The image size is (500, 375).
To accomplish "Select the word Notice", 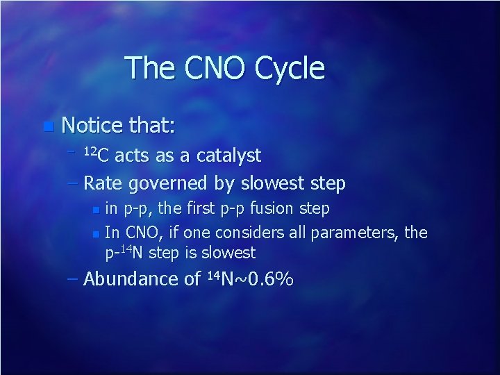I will pyautogui.click(x=92, y=126).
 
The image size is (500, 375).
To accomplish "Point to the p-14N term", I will pyautogui.click(x=124, y=252).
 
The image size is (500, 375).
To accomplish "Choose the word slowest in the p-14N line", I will pyautogui.click(x=230, y=253).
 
